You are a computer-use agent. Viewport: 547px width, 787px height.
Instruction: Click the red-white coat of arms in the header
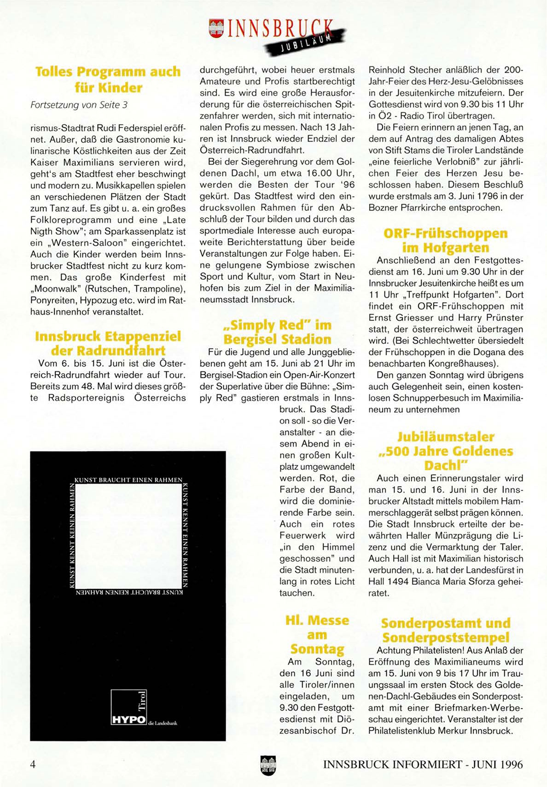pos(216,29)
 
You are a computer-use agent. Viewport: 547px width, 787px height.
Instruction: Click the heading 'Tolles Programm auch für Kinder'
pos(108,79)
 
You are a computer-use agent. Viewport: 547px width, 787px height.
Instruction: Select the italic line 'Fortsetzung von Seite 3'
pos(79,105)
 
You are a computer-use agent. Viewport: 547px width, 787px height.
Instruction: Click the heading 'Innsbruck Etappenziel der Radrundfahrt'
pos(108,343)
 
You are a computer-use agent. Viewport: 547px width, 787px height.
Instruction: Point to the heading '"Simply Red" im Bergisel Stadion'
pos(277,332)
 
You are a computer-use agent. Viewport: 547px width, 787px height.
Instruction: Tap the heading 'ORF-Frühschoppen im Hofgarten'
pos(445,240)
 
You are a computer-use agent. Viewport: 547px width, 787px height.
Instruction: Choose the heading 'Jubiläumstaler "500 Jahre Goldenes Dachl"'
pos(445,451)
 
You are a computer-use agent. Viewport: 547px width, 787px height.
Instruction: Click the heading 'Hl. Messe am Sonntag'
pos(317,635)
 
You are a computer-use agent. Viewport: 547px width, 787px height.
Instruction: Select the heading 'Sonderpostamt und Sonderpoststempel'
pos(445,630)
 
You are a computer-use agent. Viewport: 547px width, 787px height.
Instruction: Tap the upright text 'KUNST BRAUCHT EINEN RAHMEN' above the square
pos(128,480)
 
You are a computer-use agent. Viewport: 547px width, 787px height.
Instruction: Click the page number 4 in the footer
pos(33,764)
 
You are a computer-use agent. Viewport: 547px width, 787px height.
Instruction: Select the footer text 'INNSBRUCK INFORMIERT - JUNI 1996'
pos(423,764)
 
